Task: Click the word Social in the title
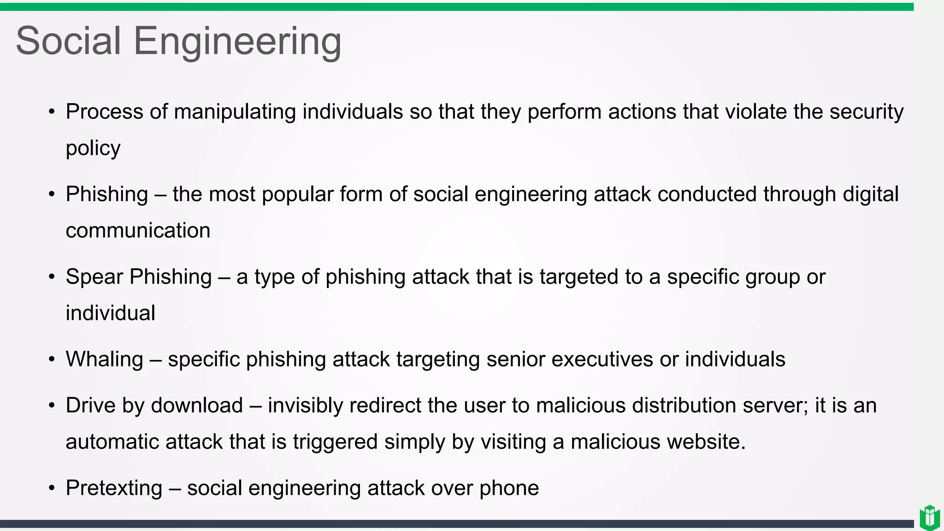click(68, 41)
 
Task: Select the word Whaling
click(104, 360)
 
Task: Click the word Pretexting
click(114, 488)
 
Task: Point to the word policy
click(93, 148)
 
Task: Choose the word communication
click(138, 230)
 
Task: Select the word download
click(197, 406)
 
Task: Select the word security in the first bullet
click(866, 112)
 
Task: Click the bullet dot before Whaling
click(52, 359)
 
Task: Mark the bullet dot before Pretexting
click(52, 488)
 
